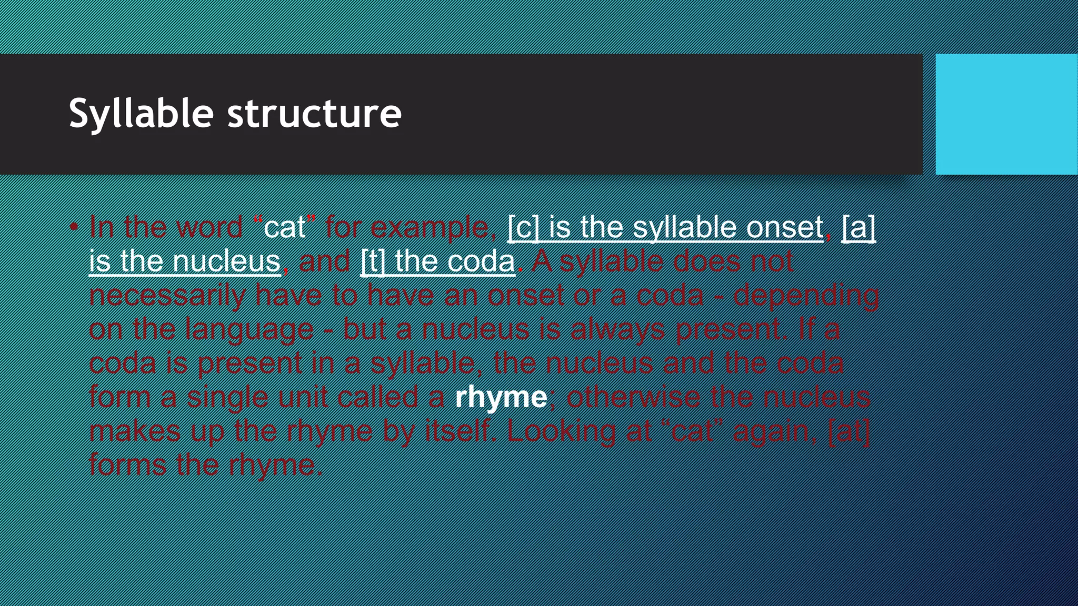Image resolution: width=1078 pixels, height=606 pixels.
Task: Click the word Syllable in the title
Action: pos(141,114)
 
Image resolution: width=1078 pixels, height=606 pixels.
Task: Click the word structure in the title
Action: pos(314,114)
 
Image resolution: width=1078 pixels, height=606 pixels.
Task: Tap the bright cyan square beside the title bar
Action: pos(1006,114)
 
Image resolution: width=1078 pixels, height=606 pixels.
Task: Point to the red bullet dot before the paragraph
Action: pos(74,227)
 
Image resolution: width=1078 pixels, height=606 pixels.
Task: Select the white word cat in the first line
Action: pos(284,227)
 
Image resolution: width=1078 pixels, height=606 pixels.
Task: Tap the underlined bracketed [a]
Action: pos(859,227)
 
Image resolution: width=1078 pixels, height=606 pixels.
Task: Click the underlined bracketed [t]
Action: pos(373,261)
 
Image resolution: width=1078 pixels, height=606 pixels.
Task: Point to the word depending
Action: pos(806,296)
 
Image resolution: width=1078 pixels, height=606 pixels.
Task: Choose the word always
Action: pos(618,330)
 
